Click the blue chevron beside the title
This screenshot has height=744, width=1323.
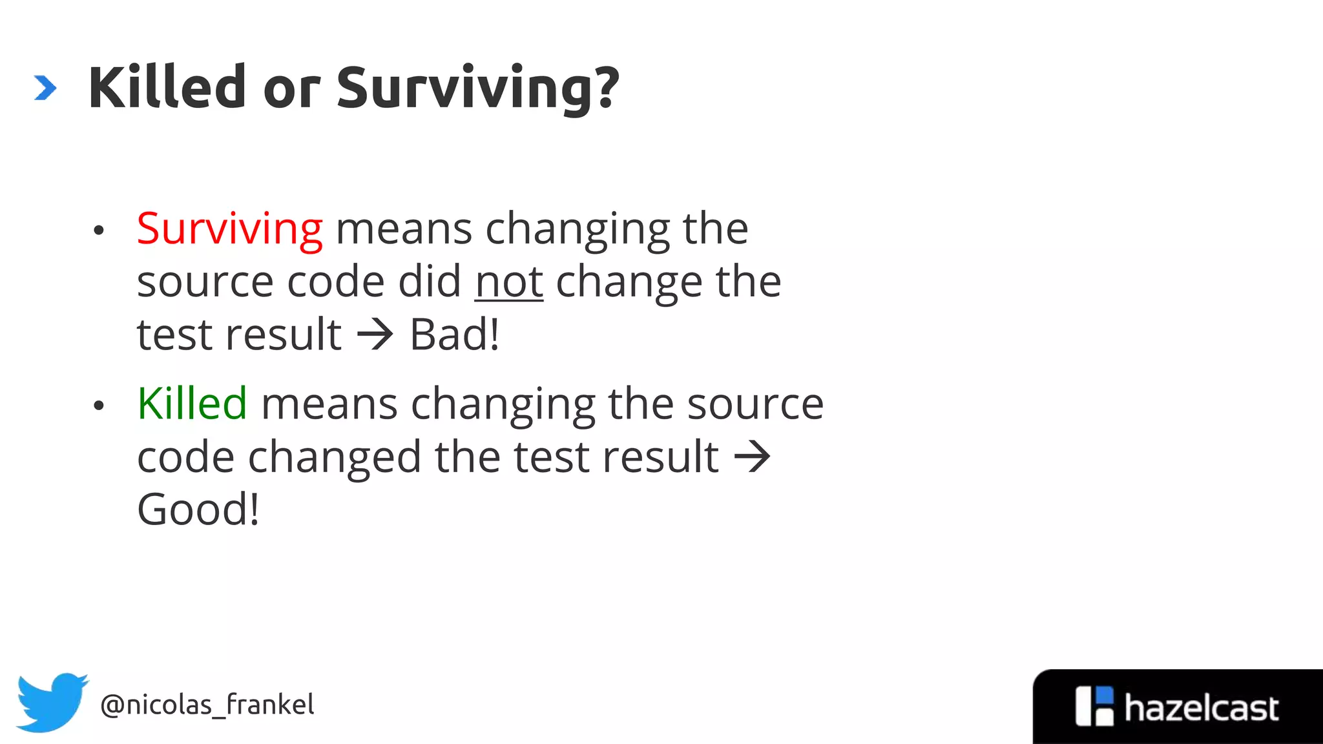(45, 88)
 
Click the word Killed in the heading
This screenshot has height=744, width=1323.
(167, 88)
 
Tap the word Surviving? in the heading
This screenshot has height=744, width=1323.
(478, 89)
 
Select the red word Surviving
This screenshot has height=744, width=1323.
(229, 229)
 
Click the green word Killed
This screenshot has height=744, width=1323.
(192, 404)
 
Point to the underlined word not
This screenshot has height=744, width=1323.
(509, 282)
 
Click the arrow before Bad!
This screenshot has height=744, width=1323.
(375, 335)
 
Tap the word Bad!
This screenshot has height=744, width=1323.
(455, 335)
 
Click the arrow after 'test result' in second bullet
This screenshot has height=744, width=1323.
(753, 457)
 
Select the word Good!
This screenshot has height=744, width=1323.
(198, 510)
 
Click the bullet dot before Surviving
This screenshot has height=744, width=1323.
(98, 231)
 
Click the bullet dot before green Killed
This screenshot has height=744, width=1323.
(98, 406)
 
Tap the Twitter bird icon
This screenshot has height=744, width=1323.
(52, 702)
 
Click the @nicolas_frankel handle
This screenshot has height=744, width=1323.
(207, 705)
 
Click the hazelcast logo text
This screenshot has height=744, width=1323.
(1201, 708)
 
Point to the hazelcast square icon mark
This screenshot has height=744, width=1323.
(1094, 706)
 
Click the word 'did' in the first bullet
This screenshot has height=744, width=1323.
(429, 282)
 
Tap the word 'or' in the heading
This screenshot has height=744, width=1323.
(291, 89)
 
